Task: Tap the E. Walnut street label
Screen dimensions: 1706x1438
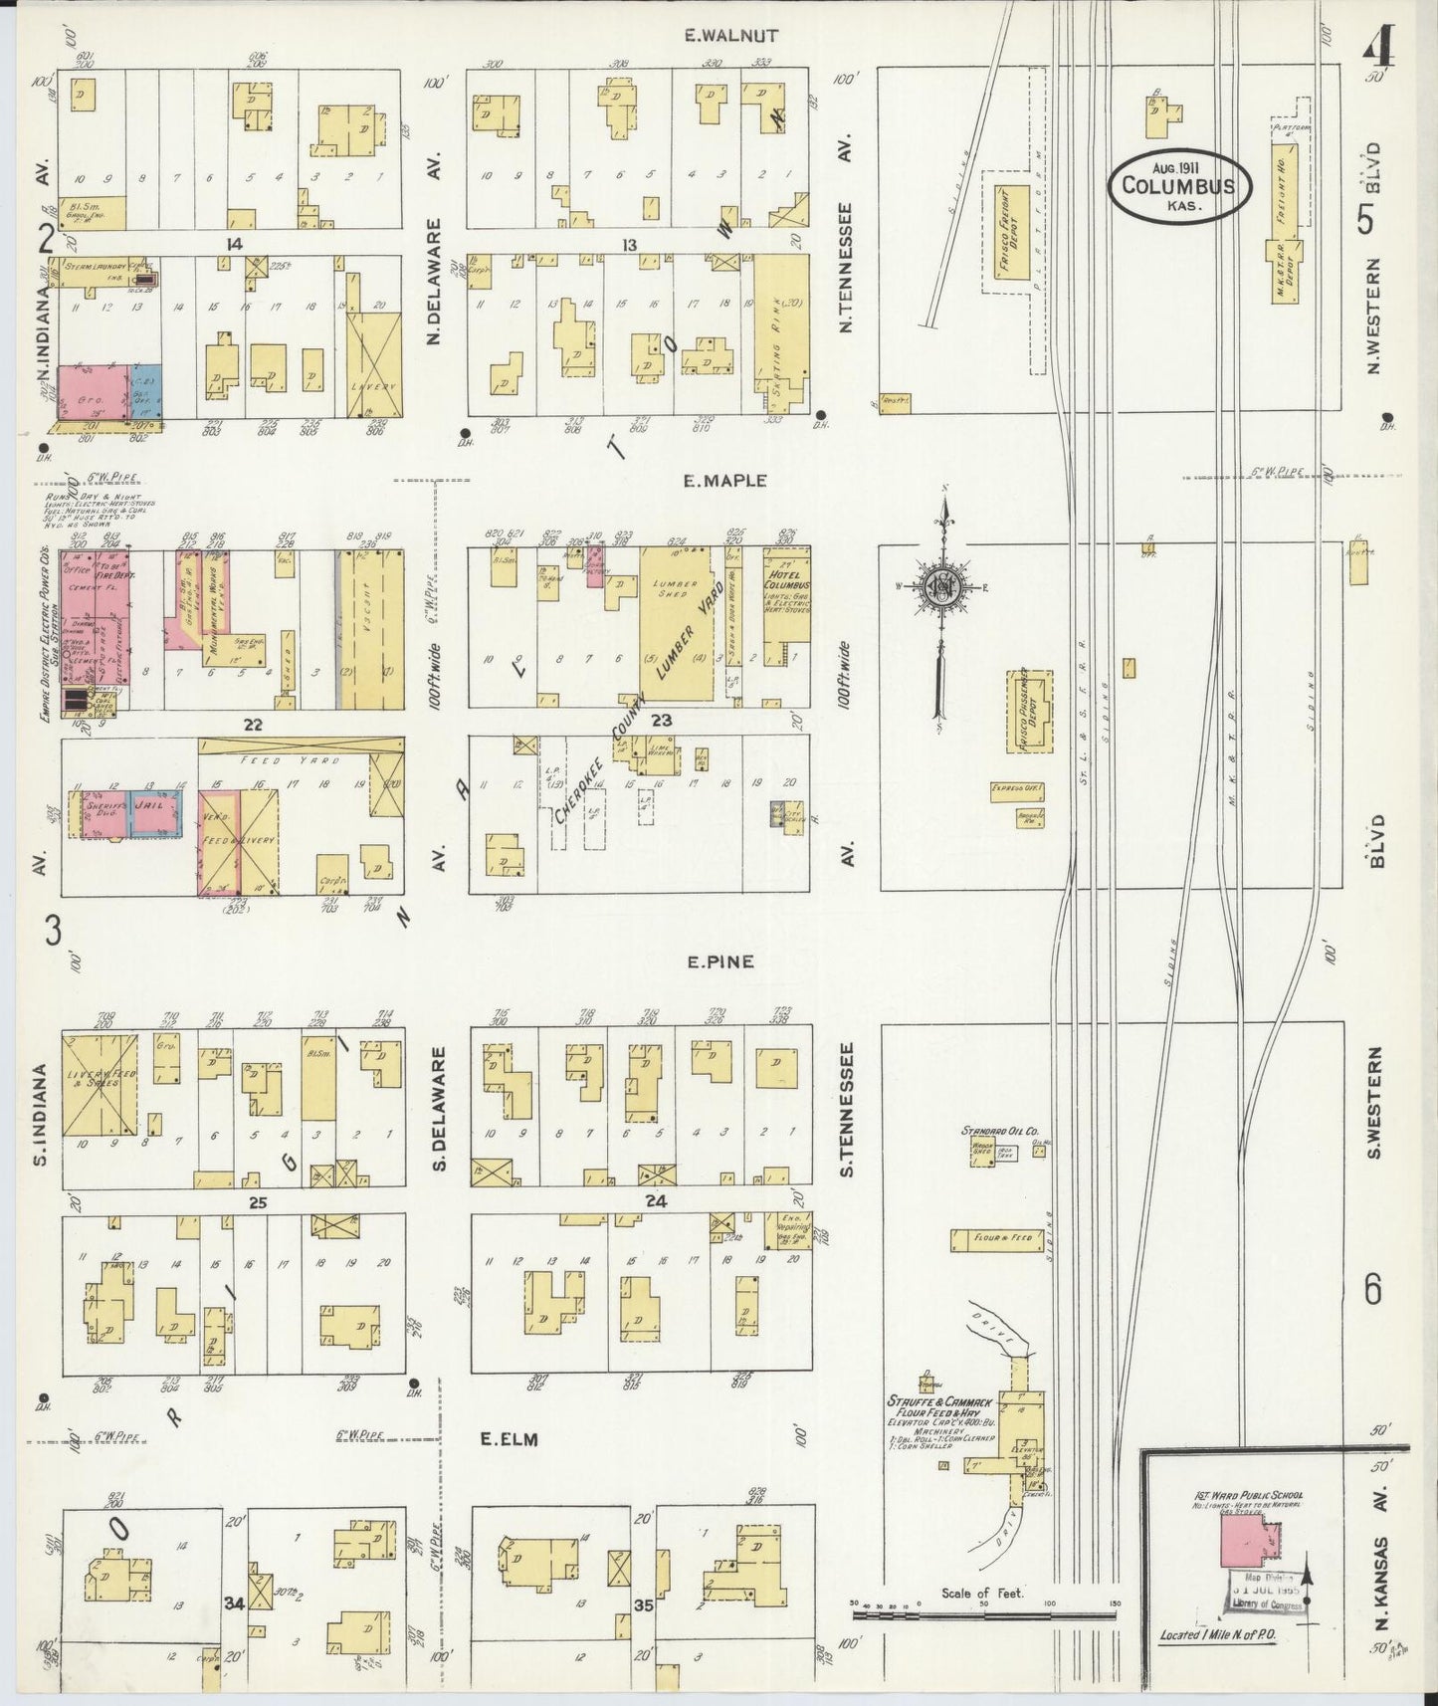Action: (731, 36)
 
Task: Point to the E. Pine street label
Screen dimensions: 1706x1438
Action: (719, 962)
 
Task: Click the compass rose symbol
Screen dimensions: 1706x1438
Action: (939, 587)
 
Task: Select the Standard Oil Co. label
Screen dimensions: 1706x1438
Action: (999, 1132)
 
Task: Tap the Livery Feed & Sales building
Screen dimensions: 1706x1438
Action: (100, 1085)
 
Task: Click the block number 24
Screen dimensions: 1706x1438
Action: (655, 1201)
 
